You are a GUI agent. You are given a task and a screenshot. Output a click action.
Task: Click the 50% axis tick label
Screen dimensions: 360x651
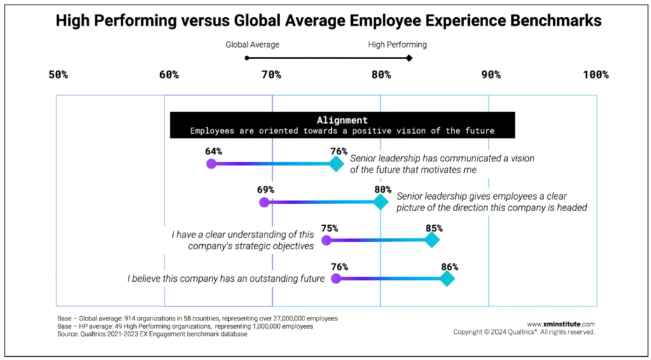pyautogui.click(x=58, y=75)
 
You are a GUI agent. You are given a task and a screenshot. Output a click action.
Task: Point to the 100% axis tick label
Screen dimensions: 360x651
pyautogui.click(x=595, y=75)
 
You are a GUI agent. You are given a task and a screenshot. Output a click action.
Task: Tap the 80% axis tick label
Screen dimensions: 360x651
pyautogui.click(x=381, y=75)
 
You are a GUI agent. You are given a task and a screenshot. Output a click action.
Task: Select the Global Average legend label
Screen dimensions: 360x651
pyautogui.click(x=252, y=45)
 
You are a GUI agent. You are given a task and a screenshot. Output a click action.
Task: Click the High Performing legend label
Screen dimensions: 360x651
pyautogui.click(x=397, y=45)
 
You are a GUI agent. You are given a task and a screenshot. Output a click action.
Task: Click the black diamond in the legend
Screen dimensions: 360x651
pyautogui.click(x=409, y=58)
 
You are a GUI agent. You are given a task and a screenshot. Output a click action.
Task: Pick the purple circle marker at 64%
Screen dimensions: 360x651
pyautogui.click(x=211, y=163)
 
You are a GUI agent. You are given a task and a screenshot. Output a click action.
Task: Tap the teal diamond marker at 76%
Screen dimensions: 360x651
pyautogui.click(x=336, y=163)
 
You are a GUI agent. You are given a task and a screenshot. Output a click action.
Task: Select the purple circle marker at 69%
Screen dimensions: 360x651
pyautogui.click(x=264, y=202)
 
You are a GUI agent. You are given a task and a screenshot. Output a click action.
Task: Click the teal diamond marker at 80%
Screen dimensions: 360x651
pyautogui.click(x=380, y=202)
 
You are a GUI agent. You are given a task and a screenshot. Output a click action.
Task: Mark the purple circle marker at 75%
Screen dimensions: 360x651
pyautogui.click(x=327, y=240)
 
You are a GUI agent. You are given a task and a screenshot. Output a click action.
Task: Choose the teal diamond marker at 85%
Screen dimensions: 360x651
pyautogui.click(x=432, y=240)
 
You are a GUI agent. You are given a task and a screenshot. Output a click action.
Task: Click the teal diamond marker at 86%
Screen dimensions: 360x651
pyautogui.click(x=447, y=279)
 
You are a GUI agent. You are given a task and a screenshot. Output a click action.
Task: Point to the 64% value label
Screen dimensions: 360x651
pyautogui.click(x=213, y=151)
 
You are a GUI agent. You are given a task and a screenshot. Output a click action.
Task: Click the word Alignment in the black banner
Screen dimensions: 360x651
pyautogui.click(x=342, y=120)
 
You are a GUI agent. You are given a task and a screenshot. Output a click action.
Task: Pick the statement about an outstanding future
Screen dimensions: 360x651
pyautogui.click(x=226, y=279)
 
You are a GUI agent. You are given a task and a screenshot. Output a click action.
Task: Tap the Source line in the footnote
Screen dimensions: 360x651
pyautogui.click(x=152, y=334)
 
